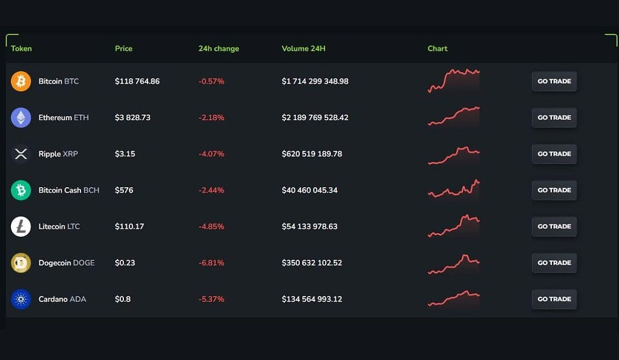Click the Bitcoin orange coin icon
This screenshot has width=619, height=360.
(21, 82)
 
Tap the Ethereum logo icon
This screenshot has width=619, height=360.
(21, 118)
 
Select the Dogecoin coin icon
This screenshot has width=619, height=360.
(21, 263)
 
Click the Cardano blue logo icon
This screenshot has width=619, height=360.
(21, 299)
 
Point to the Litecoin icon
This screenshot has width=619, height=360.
(21, 227)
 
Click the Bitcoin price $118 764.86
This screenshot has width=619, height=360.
(137, 82)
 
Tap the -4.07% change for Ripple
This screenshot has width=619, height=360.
(211, 154)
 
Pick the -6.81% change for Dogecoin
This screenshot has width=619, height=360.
(211, 263)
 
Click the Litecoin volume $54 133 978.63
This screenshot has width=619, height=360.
(309, 227)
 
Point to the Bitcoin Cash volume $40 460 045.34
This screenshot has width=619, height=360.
(309, 190)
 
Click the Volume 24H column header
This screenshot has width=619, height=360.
(303, 48)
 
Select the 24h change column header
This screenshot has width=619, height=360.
(218, 48)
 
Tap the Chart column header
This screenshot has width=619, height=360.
(438, 48)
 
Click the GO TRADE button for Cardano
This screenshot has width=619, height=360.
(554, 299)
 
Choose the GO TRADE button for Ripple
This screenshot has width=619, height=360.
(554, 154)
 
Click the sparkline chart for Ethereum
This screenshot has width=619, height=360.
(453, 116)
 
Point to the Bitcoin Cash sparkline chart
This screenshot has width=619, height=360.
(453, 188)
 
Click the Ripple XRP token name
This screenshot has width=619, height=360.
(58, 154)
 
